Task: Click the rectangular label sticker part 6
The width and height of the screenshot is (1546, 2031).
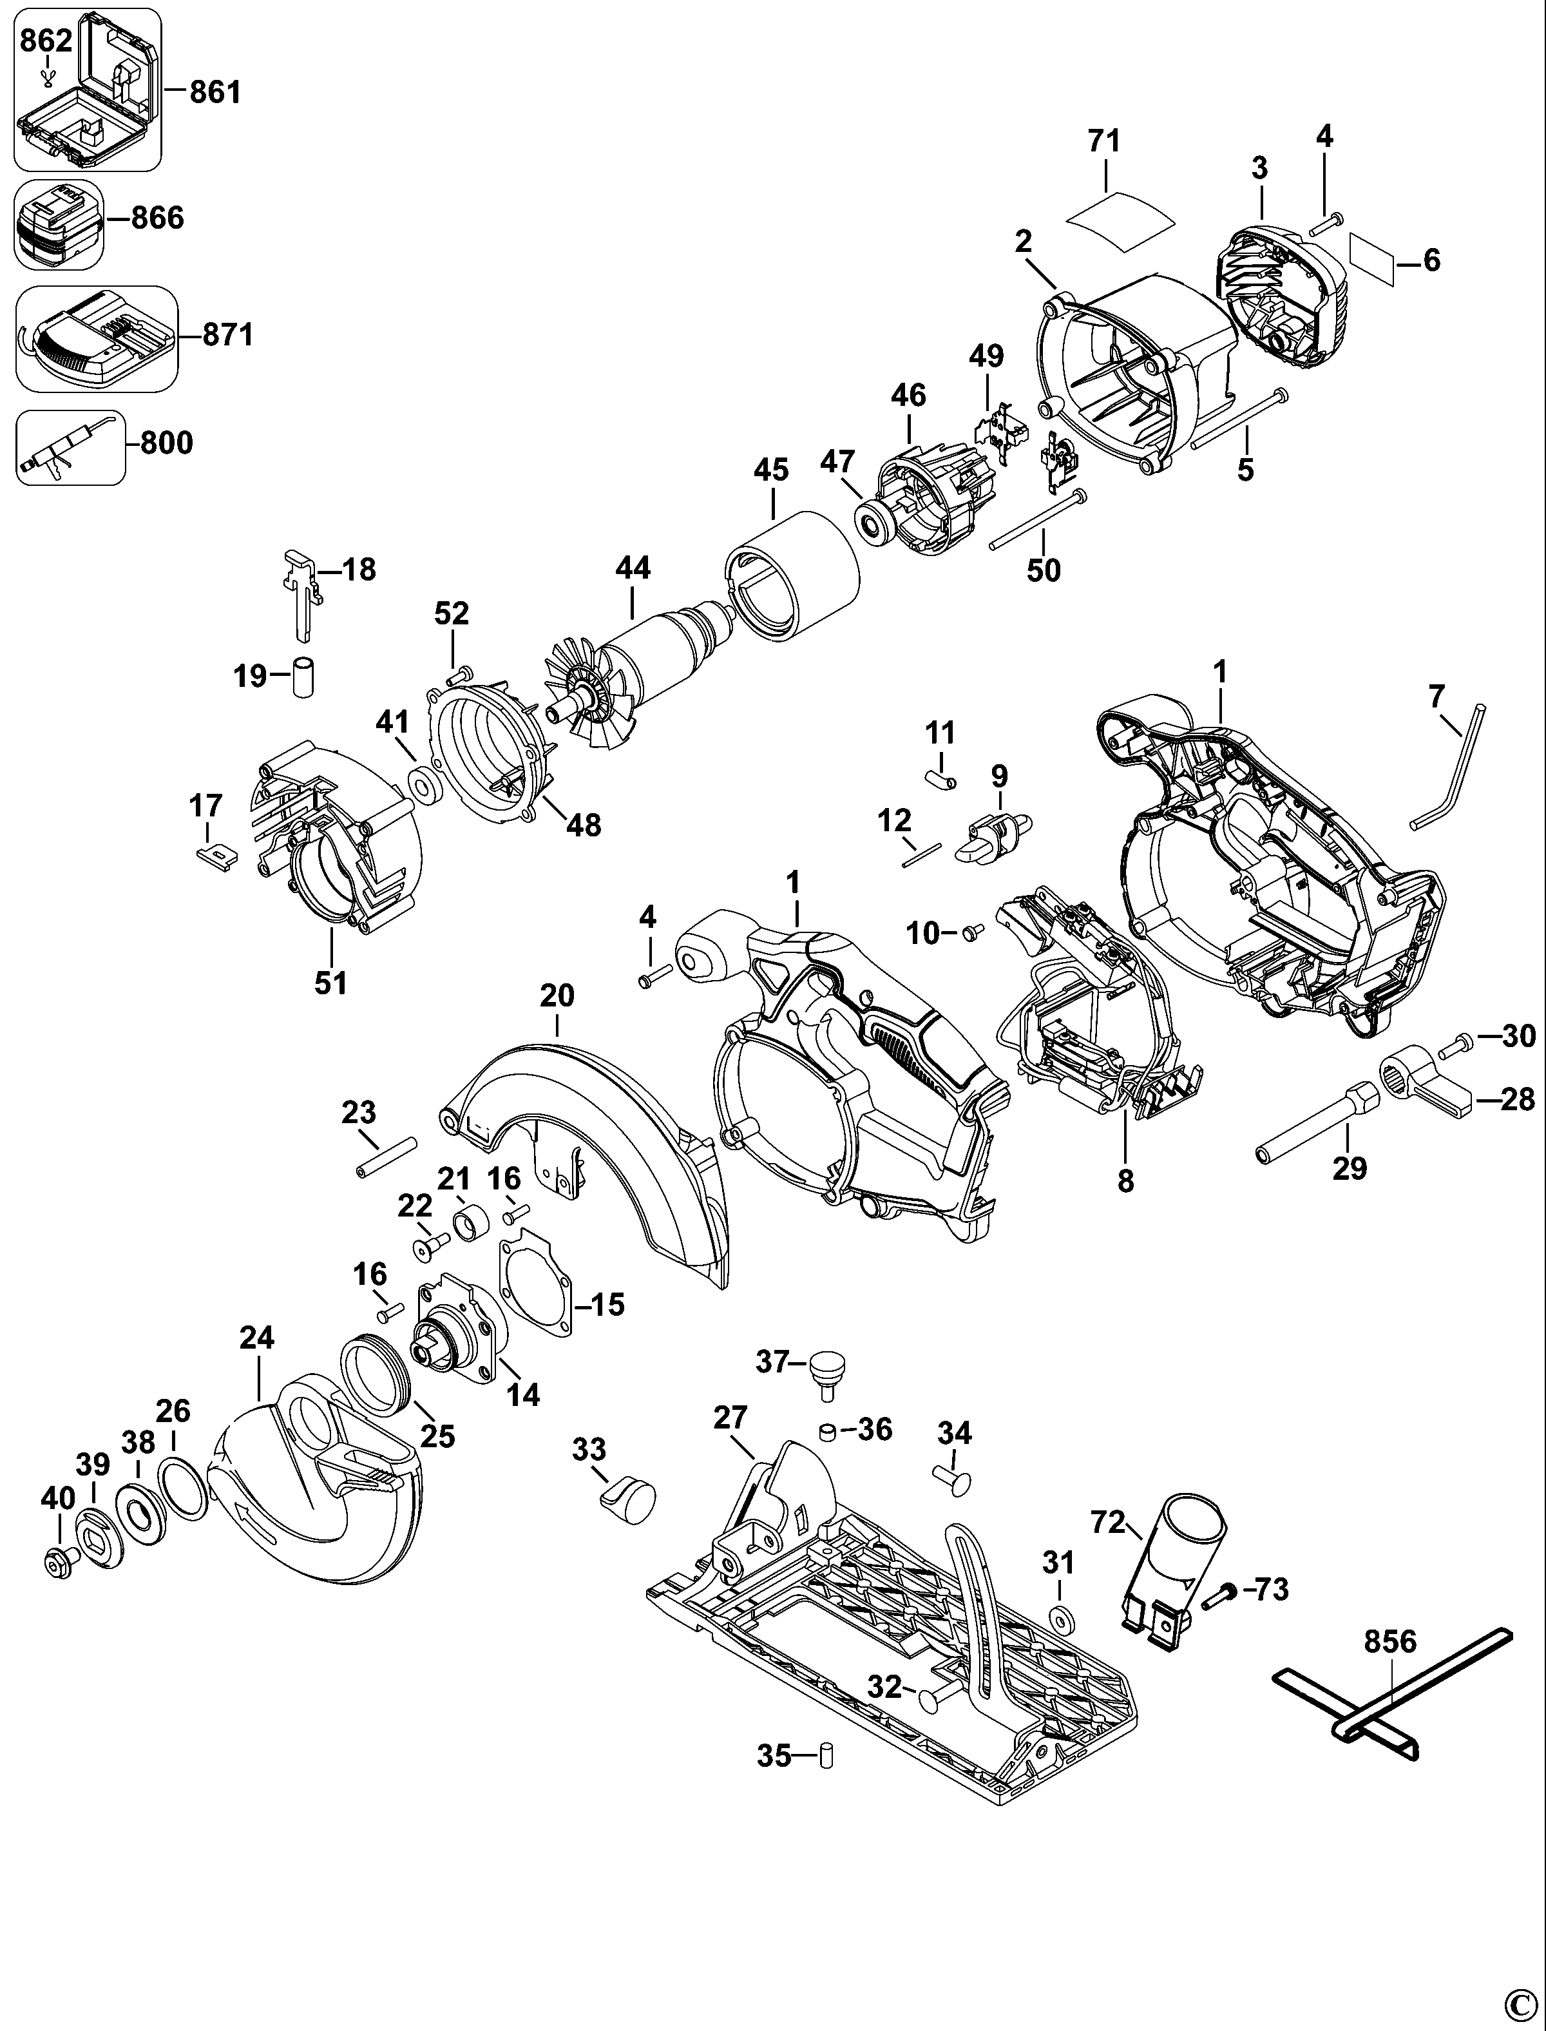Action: tap(1372, 260)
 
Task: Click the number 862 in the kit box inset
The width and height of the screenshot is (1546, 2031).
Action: tap(45, 41)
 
